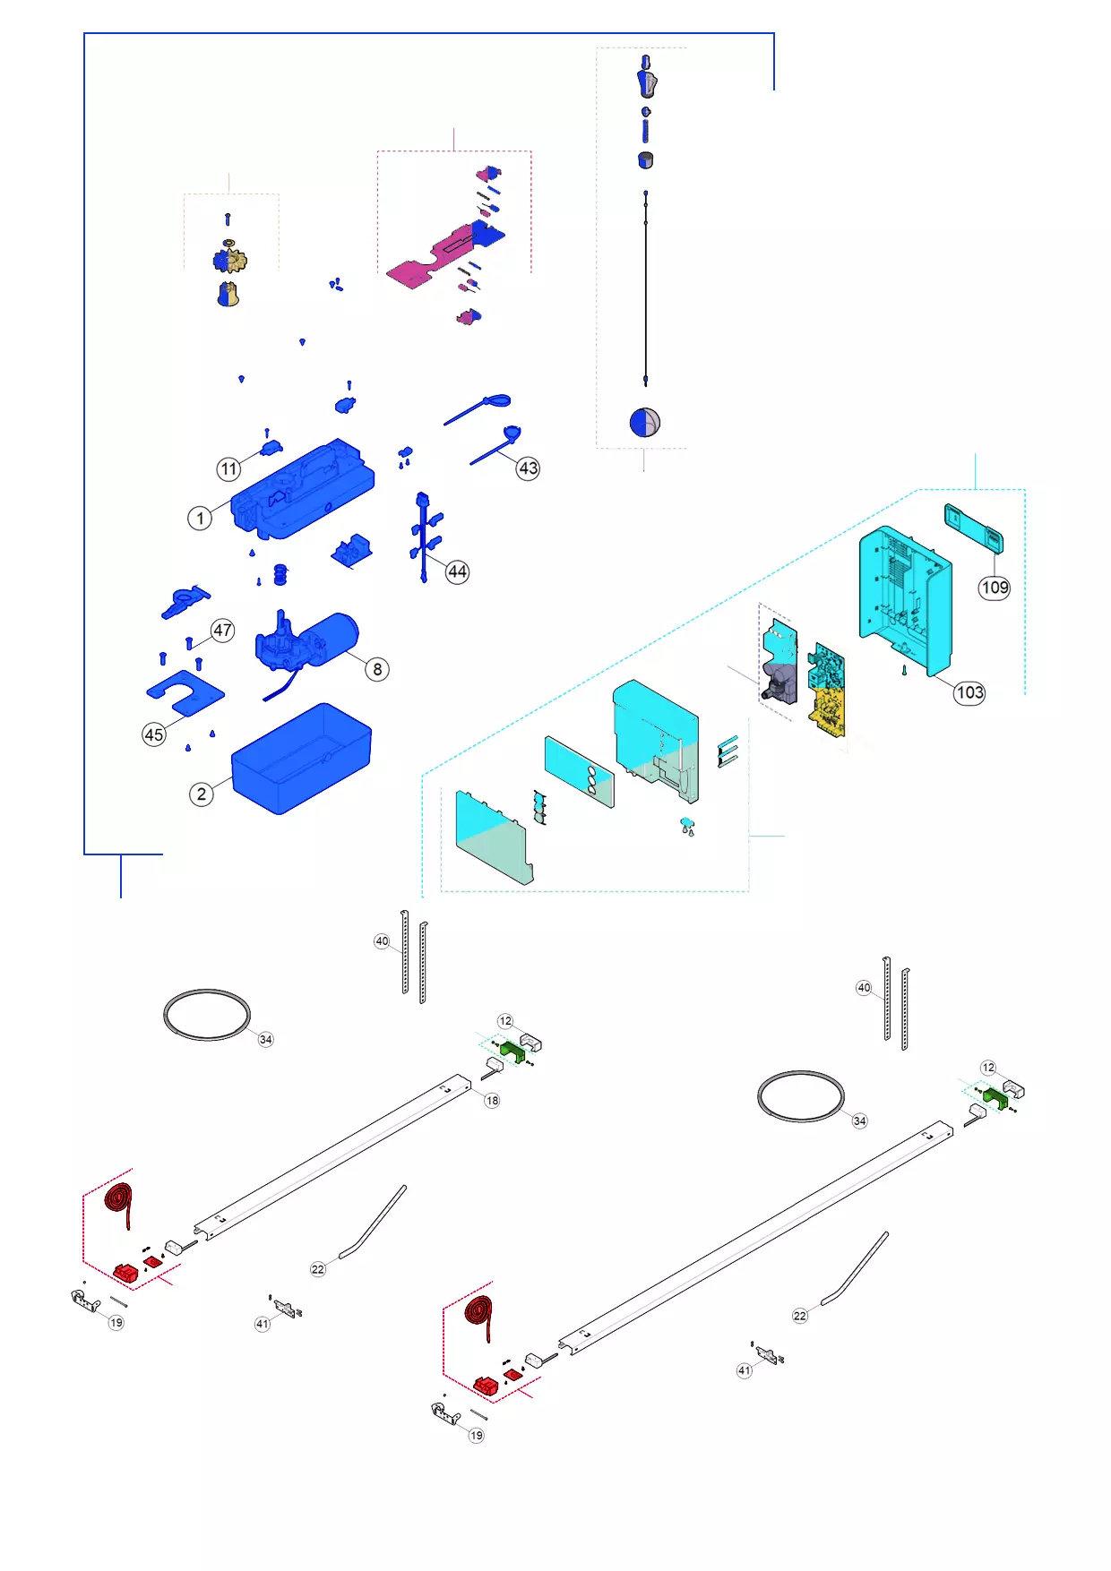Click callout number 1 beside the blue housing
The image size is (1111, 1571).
pos(200,518)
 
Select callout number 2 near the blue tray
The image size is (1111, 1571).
pos(202,794)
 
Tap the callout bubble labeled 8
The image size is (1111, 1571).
pos(377,669)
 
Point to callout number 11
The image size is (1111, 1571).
pos(229,468)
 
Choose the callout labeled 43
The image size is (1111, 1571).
pos(529,468)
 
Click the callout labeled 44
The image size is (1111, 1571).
pos(457,571)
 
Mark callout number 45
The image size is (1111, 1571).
pos(154,734)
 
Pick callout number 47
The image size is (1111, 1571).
pos(223,630)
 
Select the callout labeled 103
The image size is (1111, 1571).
pos(969,692)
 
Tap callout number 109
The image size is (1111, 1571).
pos(995,588)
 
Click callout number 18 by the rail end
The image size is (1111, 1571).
pos(492,1100)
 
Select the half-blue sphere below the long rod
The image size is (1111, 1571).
pos(644,422)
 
